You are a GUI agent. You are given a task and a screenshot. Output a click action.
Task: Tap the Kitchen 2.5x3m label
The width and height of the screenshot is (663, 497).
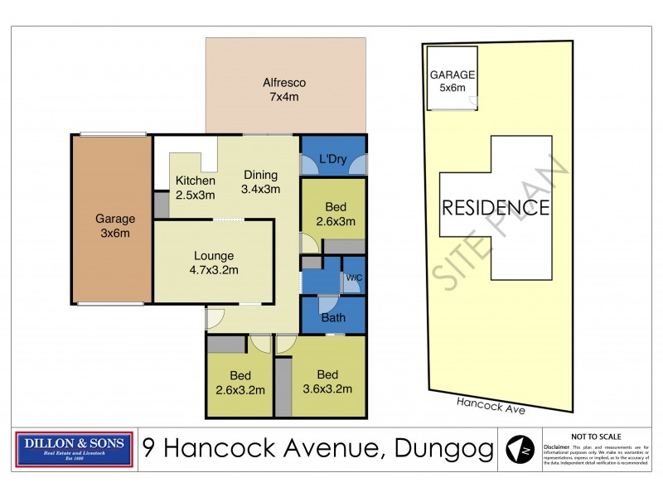[x=195, y=188]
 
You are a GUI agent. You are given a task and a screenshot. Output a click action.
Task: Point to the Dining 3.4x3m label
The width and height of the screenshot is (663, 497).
[x=261, y=181]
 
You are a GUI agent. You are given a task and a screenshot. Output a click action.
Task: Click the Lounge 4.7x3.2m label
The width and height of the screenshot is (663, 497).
[x=214, y=263]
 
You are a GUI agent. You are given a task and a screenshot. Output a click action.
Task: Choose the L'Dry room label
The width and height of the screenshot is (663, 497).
[x=332, y=158]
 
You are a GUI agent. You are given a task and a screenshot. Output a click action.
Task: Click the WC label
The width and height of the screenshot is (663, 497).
[x=354, y=277]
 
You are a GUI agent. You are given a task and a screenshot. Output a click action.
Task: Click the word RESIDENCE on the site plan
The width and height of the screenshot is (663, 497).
[x=495, y=207]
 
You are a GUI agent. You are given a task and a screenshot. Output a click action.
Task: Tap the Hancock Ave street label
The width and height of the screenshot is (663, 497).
[x=491, y=404]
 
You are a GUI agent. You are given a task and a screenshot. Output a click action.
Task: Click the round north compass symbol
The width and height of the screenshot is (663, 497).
[x=520, y=450]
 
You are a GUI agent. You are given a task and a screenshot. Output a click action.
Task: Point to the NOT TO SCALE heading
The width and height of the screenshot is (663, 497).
[x=596, y=437]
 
